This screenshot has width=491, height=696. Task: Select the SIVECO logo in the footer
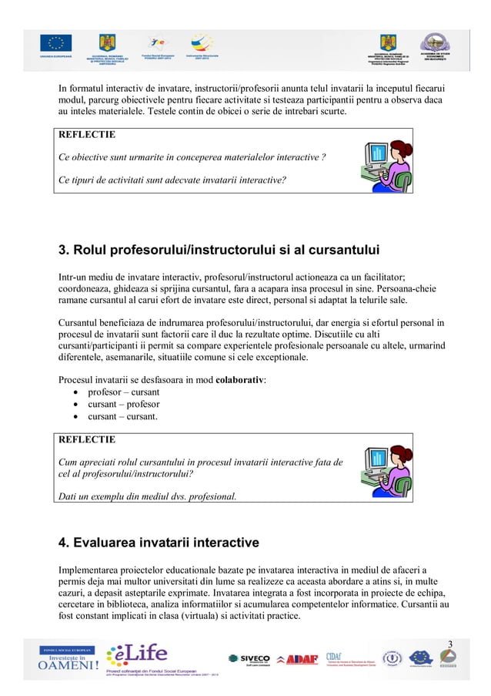click(249, 658)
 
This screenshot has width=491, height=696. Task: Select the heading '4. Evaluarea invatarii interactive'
click(159, 543)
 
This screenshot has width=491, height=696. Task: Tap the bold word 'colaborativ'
click(239, 379)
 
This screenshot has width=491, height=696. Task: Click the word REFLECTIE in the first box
click(87, 134)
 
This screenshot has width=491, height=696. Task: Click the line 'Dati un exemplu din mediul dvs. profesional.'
click(148, 496)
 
